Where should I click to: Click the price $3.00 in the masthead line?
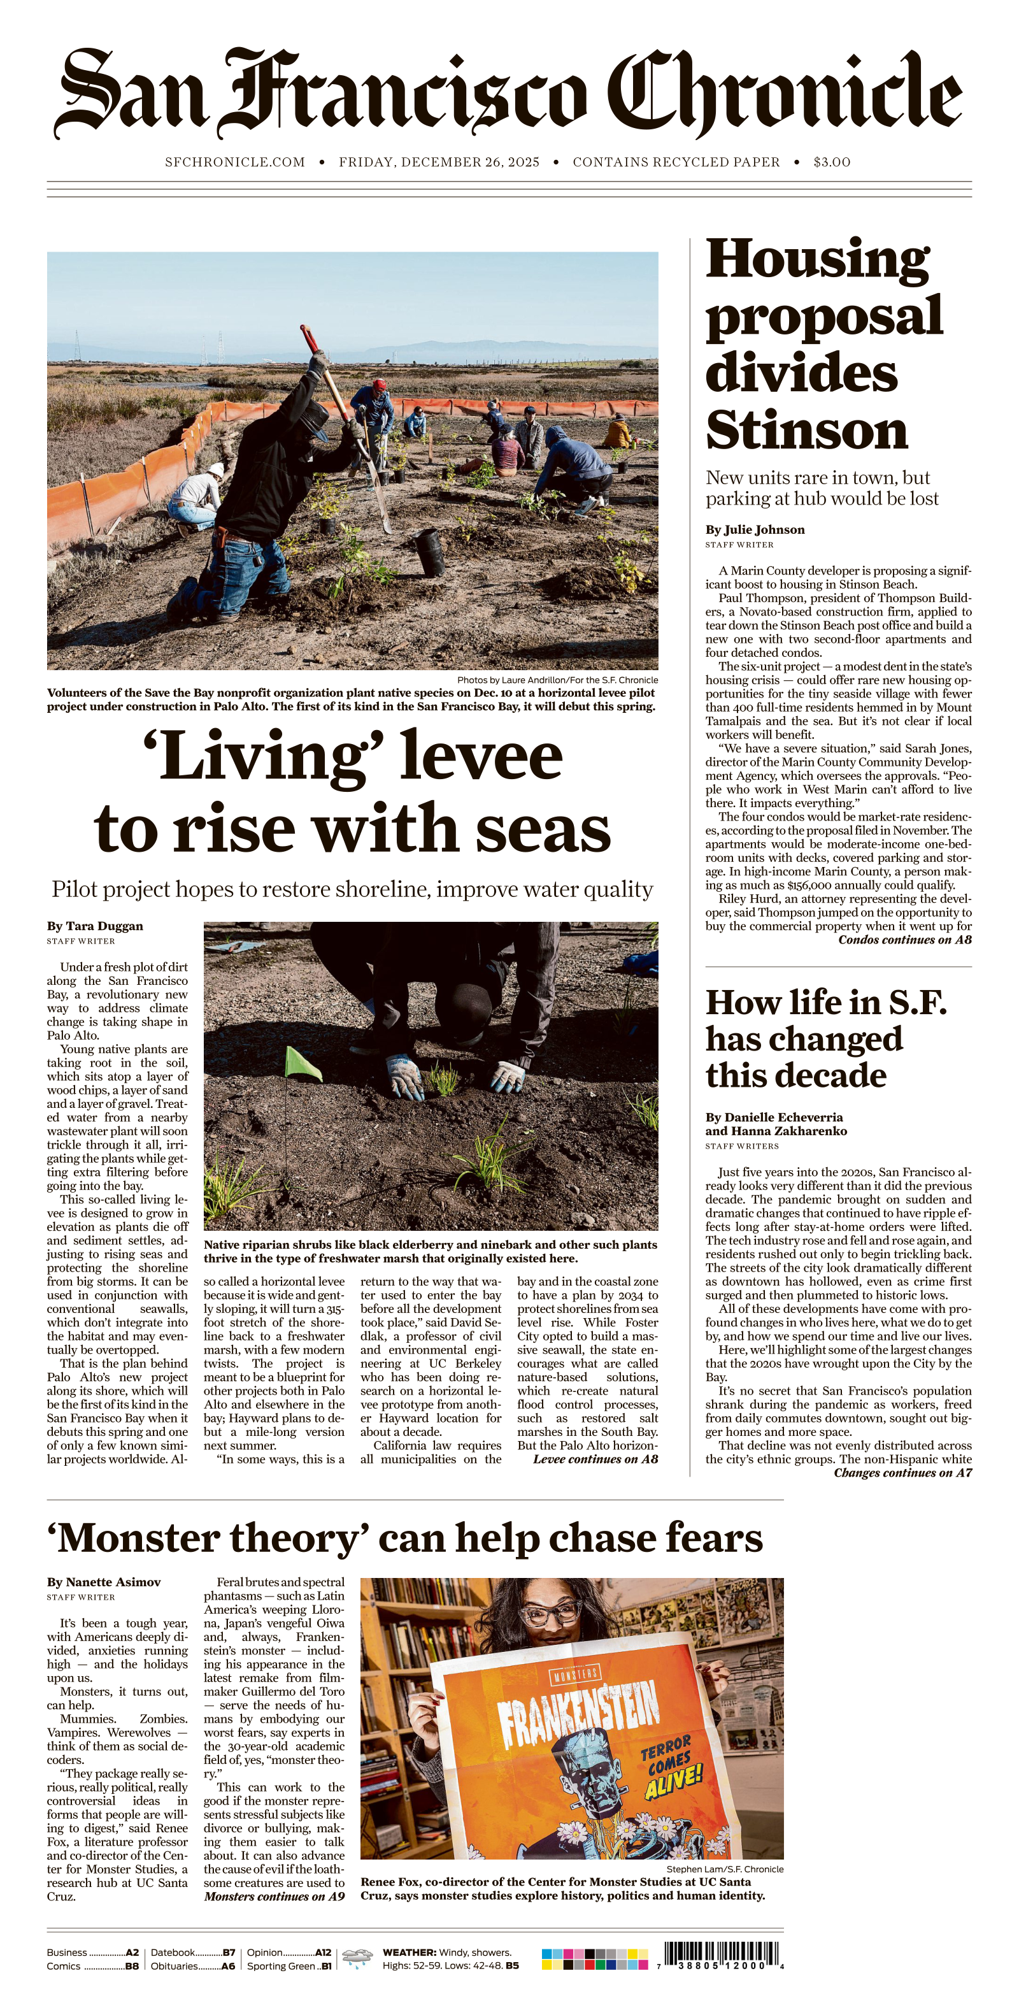831,162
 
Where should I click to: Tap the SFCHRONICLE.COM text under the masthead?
234,162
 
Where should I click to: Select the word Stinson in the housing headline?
806,429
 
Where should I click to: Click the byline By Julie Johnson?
755,529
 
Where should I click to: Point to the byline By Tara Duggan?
95,926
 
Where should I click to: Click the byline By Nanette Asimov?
103,1582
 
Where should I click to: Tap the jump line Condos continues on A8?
905,940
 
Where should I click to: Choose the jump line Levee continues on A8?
595,1459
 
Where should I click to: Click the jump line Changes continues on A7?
902,1473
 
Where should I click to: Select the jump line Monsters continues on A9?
274,1896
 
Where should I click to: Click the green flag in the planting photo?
303,1064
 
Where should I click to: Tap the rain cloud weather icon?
357,1957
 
